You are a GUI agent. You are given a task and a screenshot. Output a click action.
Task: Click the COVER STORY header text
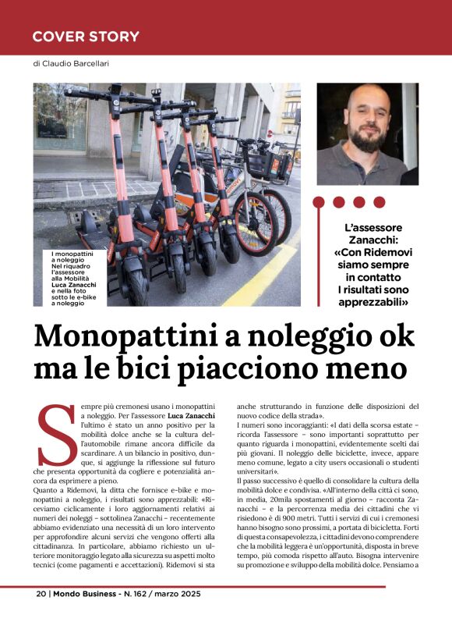pos(86,37)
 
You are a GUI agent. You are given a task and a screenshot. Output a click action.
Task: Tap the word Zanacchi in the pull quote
pos(365,240)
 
